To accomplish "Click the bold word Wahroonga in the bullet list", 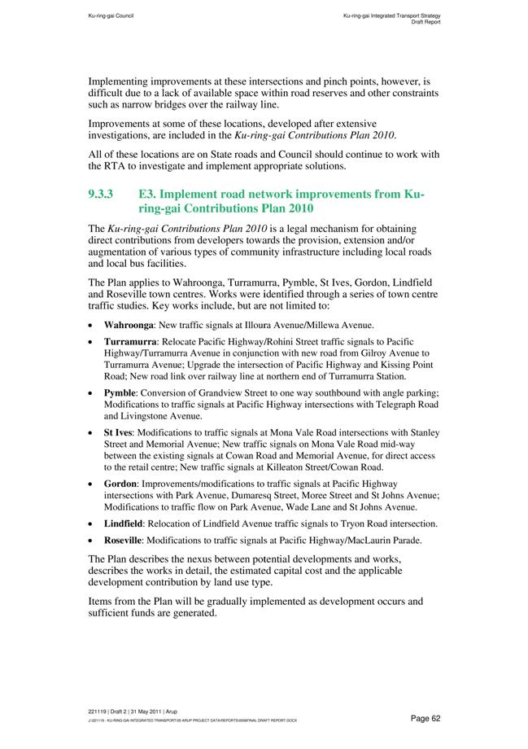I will (129, 324).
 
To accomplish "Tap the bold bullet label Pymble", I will (120, 392).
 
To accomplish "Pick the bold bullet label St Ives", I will (118, 431).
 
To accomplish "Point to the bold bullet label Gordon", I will (120, 483).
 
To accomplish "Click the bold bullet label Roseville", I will (124, 541).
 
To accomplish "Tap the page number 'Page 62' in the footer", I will (425, 718).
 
